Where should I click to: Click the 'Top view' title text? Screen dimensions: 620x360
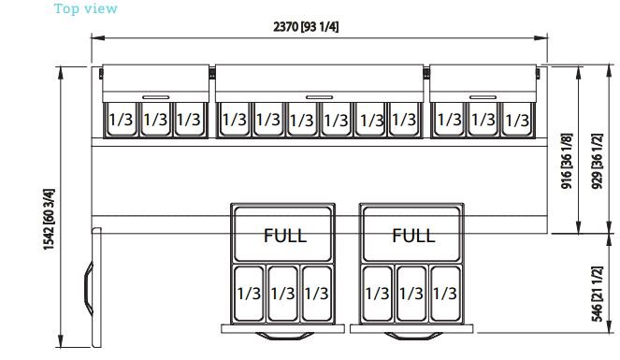tap(86, 8)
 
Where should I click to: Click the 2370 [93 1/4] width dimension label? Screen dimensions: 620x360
tap(306, 27)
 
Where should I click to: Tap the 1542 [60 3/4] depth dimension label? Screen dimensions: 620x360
tap(49, 219)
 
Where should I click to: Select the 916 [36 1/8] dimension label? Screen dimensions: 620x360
tap(567, 161)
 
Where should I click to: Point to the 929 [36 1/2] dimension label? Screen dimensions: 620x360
tap(597, 161)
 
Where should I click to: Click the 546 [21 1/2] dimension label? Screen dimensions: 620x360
tap(597, 294)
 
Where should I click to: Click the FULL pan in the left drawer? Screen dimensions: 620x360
tap(283, 235)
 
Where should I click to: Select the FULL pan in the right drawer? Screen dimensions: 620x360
tap(411, 235)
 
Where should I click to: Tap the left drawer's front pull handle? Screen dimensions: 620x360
tap(284, 337)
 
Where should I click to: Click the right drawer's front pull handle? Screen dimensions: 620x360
tap(413, 337)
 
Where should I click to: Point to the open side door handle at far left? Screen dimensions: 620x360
tap(88, 288)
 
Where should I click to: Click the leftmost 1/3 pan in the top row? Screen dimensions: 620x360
tap(121, 120)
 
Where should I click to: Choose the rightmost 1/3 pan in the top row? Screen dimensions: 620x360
tap(517, 120)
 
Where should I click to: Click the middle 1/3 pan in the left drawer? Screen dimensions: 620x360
tap(282, 294)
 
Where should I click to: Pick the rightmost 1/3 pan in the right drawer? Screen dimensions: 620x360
tap(445, 294)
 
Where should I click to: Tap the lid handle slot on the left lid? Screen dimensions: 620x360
tap(156, 97)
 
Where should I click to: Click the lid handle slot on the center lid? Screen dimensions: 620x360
tap(320, 97)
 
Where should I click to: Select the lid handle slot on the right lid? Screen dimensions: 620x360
tap(483, 97)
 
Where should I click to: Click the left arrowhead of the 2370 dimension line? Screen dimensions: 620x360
tap(98, 38)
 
